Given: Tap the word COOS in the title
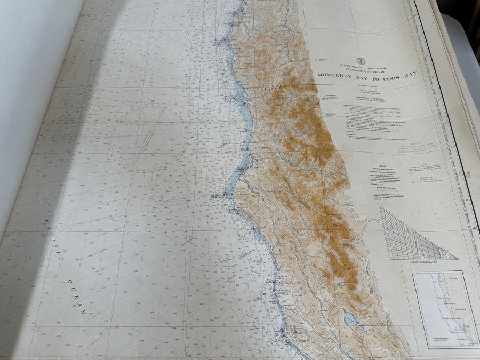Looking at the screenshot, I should point(391,73).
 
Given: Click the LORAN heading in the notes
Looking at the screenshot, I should point(382,166).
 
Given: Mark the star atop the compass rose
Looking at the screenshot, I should point(152,101).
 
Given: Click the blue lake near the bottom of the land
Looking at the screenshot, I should point(352,320).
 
